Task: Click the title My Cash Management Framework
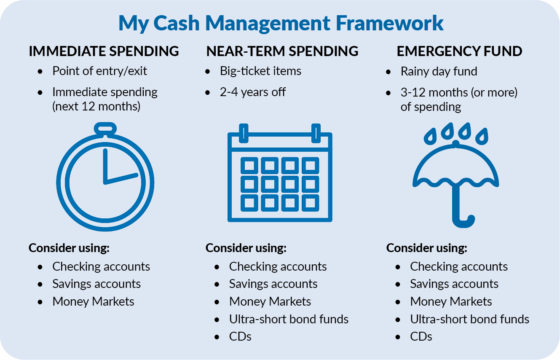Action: click(x=281, y=23)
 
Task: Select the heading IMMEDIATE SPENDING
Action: click(x=104, y=51)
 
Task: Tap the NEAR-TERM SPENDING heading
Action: click(x=282, y=51)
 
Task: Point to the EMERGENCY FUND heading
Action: click(x=459, y=51)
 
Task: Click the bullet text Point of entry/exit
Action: click(x=99, y=71)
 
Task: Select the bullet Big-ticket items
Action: click(x=260, y=71)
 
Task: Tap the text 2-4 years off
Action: click(x=252, y=92)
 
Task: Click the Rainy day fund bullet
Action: click(x=439, y=72)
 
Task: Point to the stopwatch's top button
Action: click(x=105, y=129)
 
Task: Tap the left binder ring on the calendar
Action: click(x=244, y=133)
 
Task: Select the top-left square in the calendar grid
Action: click(x=249, y=165)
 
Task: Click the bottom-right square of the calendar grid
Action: click(x=310, y=203)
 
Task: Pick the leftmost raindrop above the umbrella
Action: click(x=430, y=137)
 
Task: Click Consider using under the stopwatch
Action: click(x=69, y=248)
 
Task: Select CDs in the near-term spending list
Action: click(x=240, y=337)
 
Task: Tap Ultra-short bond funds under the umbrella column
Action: click(x=469, y=319)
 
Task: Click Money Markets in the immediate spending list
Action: click(x=93, y=301)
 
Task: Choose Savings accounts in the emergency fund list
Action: click(x=454, y=284)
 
